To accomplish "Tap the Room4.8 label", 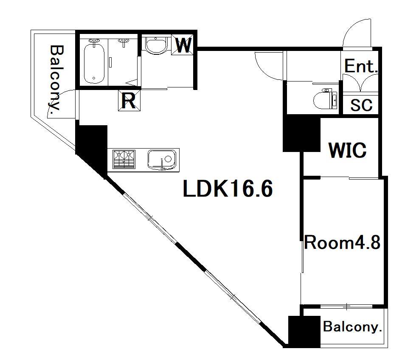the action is pyautogui.click(x=342, y=243).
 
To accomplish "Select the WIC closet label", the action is pyautogui.click(x=347, y=150).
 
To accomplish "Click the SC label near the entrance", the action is pyautogui.click(x=361, y=105).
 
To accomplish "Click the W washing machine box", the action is pyautogui.click(x=182, y=45).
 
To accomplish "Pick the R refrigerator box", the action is pyautogui.click(x=129, y=101).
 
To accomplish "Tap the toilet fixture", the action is pyautogui.click(x=325, y=99).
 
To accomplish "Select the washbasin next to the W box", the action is pyautogui.click(x=156, y=45).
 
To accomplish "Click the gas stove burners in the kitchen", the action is pyautogui.click(x=124, y=159).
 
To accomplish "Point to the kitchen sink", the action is pyautogui.click(x=162, y=160).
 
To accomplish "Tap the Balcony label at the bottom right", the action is pyautogui.click(x=352, y=327).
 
